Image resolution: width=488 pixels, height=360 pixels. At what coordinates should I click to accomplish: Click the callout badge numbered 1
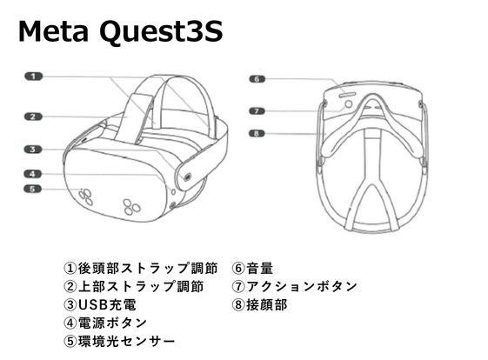(34, 77)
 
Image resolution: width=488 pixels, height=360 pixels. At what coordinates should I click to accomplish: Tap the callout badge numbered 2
(34, 117)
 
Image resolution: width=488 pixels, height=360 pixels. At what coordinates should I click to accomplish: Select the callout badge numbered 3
(33, 150)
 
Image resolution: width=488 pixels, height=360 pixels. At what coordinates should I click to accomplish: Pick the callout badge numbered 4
(33, 174)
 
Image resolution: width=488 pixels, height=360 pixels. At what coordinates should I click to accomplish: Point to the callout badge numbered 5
(33, 189)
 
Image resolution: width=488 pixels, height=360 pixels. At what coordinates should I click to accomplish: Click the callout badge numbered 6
(257, 79)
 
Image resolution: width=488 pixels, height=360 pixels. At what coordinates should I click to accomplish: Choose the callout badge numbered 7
(257, 111)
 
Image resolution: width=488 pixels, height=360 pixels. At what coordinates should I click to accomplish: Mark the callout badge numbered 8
(257, 134)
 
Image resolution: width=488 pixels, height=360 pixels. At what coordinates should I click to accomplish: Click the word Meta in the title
(53, 31)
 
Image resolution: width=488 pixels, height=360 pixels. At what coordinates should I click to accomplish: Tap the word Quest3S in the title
(161, 32)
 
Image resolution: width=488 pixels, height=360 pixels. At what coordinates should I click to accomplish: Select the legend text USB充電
(107, 304)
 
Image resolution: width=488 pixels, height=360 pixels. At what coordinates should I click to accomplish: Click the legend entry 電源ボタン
(112, 323)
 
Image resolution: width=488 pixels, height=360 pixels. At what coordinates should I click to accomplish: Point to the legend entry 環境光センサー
(126, 342)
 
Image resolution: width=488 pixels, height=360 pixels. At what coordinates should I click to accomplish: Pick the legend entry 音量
(260, 268)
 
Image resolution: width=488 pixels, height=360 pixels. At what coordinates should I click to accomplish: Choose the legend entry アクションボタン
(302, 286)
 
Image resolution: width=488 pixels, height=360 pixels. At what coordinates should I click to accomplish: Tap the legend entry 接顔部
(267, 304)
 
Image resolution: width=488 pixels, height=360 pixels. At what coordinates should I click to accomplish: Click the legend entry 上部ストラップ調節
(141, 286)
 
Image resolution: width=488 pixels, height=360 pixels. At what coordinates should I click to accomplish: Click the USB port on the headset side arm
(187, 177)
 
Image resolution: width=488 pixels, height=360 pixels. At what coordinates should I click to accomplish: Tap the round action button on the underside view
(349, 103)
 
